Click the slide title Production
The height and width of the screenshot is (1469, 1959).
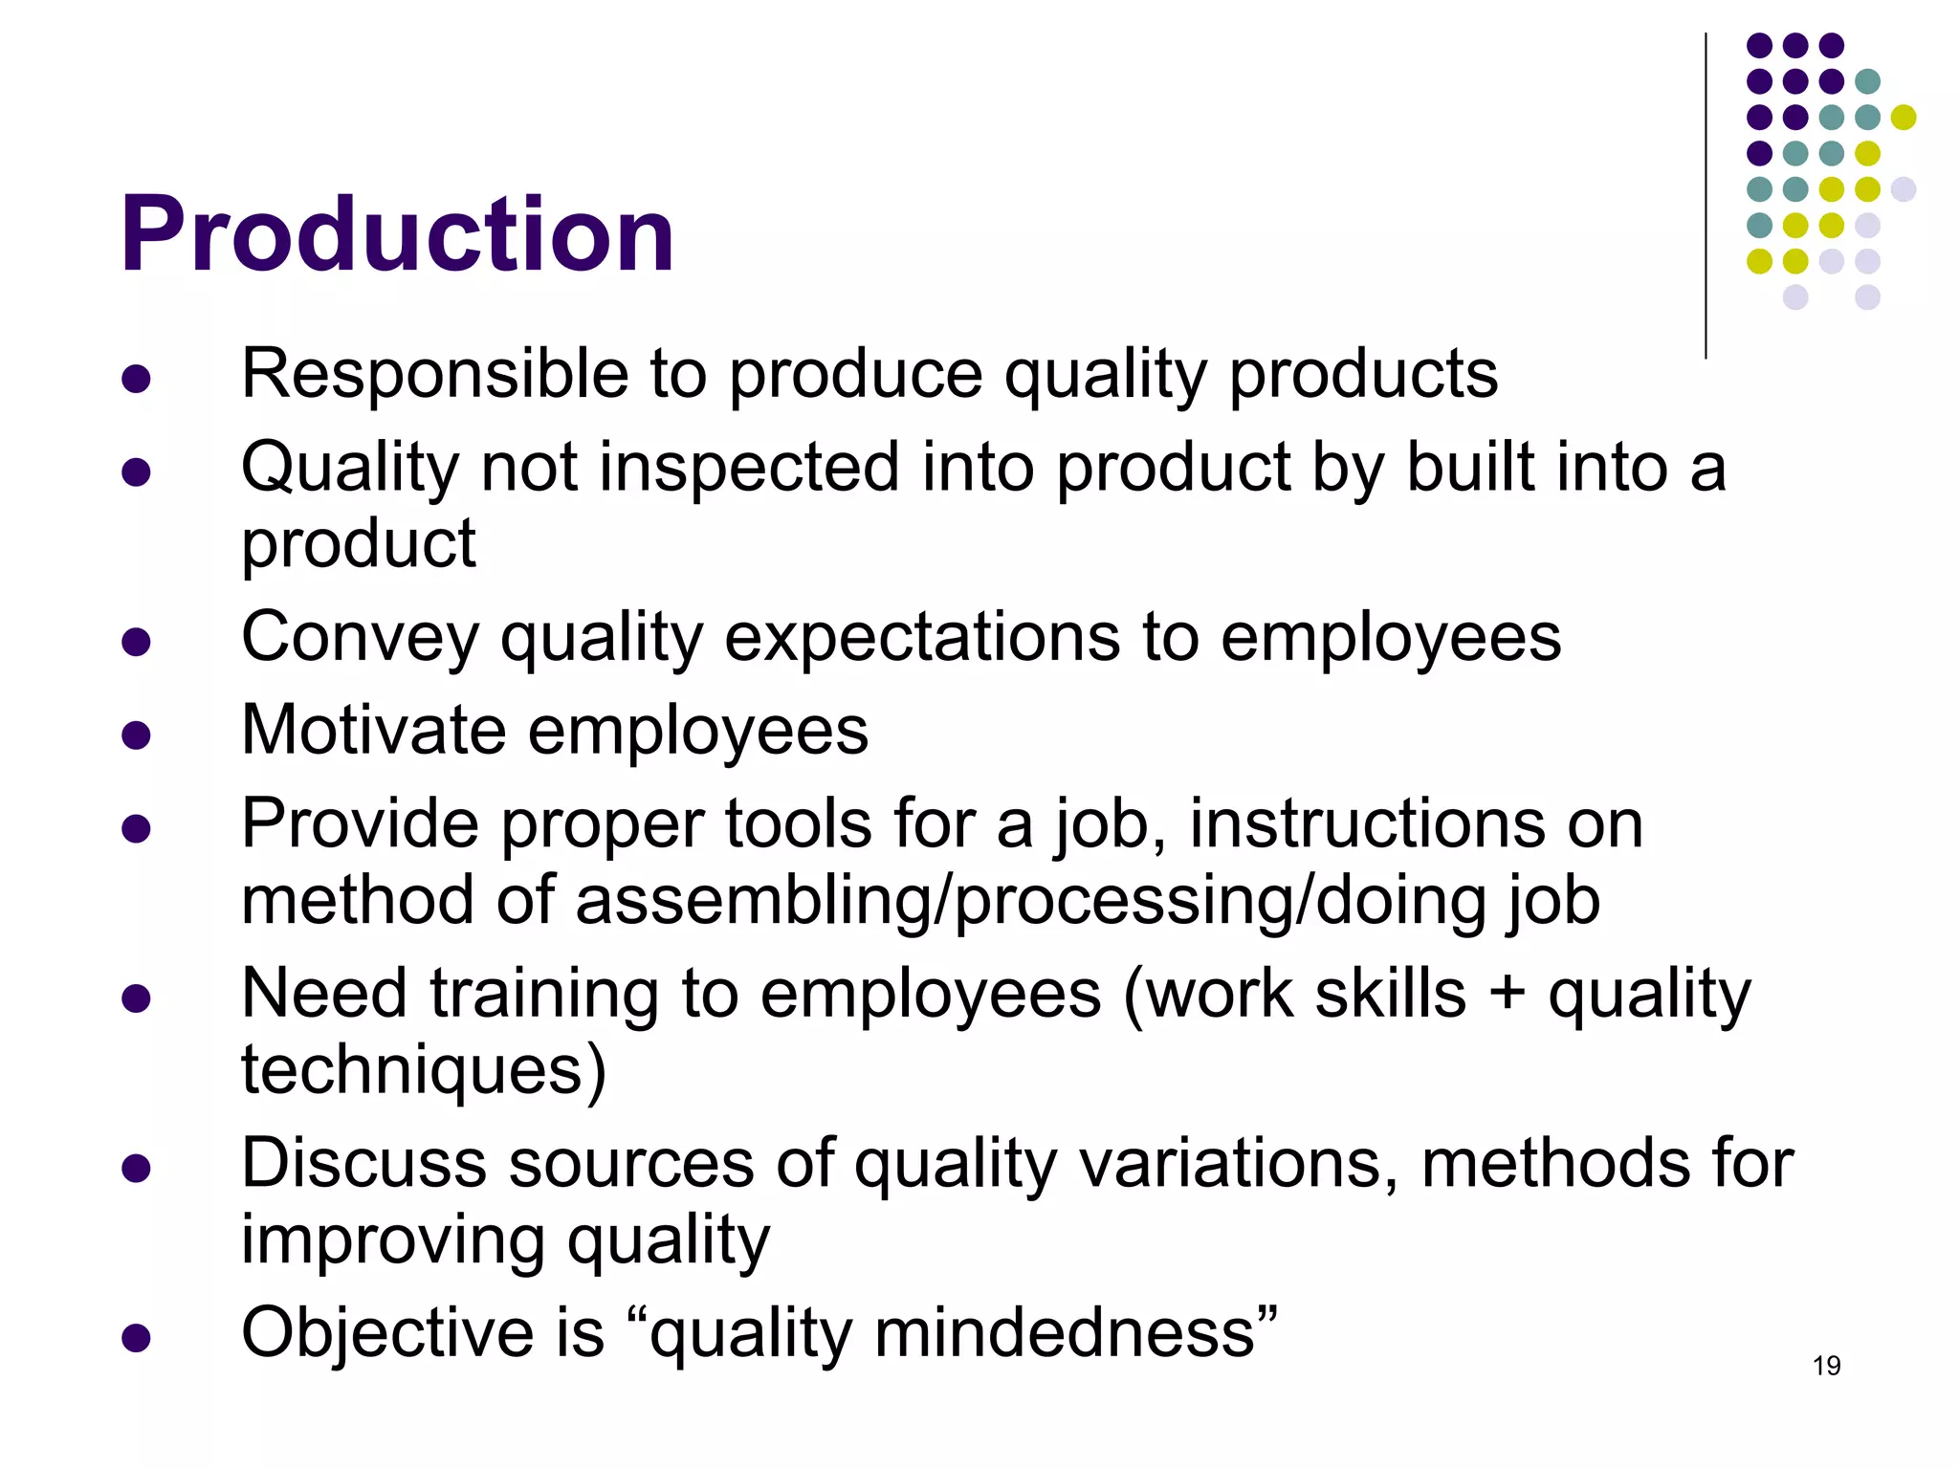click(397, 234)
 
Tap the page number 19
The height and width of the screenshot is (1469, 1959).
click(1826, 1366)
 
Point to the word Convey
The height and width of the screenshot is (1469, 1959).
click(360, 638)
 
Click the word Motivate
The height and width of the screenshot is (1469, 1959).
click(373, 731)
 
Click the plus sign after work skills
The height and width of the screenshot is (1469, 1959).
click(1507, 994)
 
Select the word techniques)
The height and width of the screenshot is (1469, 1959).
click(424, 1069)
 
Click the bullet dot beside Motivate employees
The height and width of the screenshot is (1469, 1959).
click(137, 734)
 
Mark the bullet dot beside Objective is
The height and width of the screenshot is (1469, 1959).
click(137, 1337)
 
